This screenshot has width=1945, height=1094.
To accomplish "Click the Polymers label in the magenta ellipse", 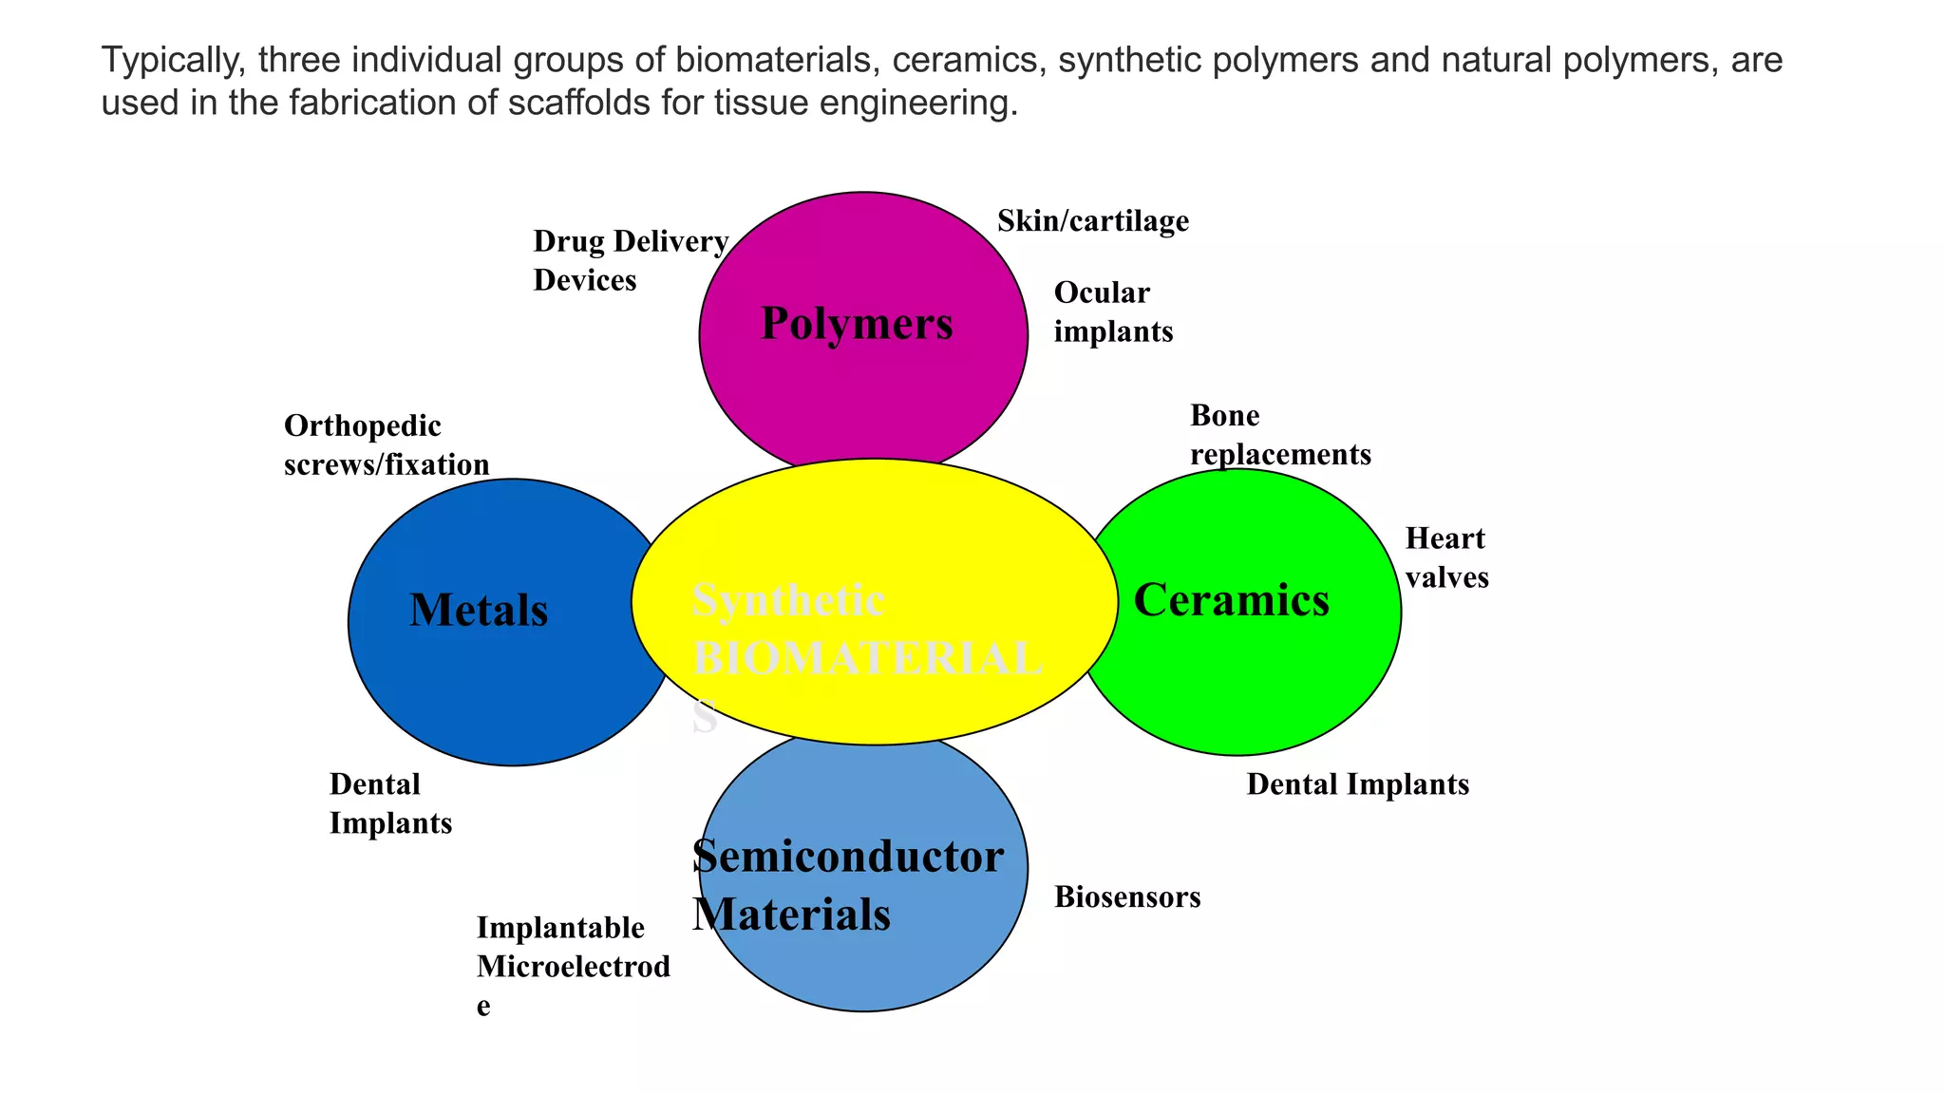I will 857,324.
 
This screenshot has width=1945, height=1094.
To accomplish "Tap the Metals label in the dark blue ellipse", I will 479,610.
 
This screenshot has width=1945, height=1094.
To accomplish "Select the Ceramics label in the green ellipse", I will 1231,600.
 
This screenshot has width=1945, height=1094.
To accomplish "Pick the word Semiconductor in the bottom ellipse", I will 848,857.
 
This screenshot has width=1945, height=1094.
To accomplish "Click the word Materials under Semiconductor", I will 791,915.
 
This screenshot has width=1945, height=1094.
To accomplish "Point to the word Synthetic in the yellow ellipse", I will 788,600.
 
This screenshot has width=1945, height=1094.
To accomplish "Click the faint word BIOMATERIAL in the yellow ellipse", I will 866,659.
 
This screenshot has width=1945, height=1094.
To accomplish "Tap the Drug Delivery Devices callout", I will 630,260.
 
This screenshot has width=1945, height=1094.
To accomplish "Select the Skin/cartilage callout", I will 1092,221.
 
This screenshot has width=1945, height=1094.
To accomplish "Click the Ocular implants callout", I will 1113,311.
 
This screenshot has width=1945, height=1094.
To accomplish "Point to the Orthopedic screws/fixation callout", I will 387,444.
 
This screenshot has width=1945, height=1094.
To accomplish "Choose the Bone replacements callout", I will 1280,435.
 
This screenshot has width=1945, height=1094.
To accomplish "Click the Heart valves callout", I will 1446,557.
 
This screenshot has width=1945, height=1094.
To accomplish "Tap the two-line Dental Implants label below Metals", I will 390,803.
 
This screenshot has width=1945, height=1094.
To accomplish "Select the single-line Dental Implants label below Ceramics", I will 1357,784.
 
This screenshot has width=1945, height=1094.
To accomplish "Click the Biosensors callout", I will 1127,896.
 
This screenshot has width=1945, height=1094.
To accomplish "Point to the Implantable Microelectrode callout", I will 573,965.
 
